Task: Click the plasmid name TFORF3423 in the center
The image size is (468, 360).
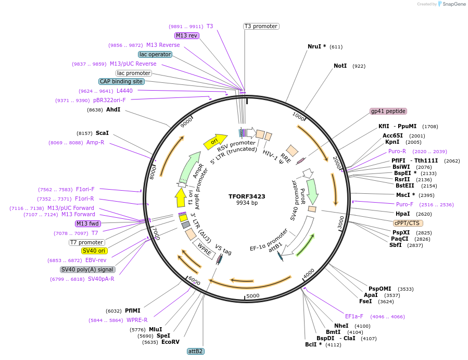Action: [247, 196]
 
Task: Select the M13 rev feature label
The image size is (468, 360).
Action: [187, 35]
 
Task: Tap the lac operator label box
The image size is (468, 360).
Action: [155, 54]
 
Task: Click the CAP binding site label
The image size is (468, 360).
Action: [121, 81]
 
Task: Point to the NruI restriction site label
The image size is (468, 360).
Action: [317, 46]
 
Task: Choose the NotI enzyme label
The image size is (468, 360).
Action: [340, 66]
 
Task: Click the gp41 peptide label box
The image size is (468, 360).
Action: [388, 111]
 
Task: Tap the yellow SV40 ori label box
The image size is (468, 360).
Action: [94, 251]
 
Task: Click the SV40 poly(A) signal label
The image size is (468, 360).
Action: [87, 269]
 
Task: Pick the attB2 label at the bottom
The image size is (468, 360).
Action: [196, 351]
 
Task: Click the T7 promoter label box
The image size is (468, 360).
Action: [86, 242]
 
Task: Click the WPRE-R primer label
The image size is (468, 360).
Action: [137, 320]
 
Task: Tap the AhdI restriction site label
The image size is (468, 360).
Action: [113, 110]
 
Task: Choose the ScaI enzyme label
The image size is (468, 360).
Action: [102, 133]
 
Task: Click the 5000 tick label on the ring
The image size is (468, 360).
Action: [252, 296]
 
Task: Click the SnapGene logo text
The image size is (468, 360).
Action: [453, 4]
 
